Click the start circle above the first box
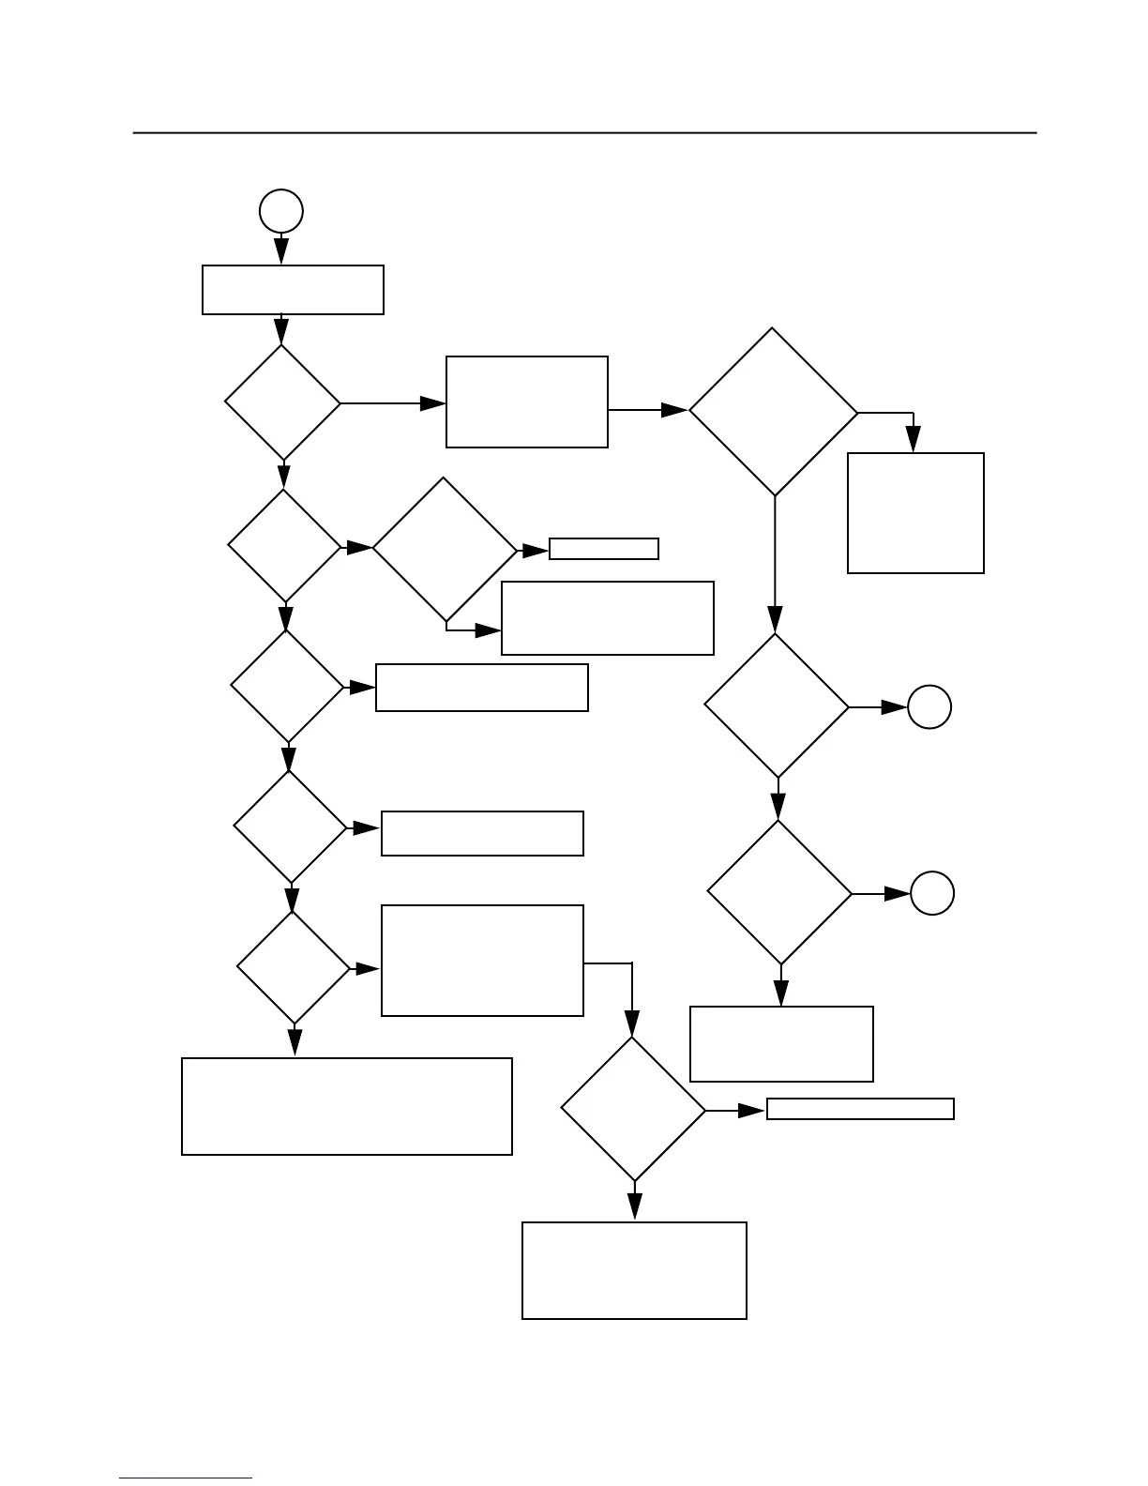[x=281, y=211]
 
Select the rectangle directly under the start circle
[x=293, y=290]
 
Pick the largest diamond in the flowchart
[x=774, y=411]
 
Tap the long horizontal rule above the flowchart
[x=584, y=133]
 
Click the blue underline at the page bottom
[x=186, y=1478]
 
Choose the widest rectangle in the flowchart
[x=347, y=1106]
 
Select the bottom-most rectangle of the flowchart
[x=634, y=1270]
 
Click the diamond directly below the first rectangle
[x=282, y=402]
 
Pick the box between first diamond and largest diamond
[x=527, y=402]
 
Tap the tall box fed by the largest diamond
[x=915, y=513]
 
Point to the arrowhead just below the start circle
[x=281, y=251]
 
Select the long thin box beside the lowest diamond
[x=860, y=1109]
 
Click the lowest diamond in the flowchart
[x=633, y=1109]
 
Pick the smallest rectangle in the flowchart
[x=604, y=549]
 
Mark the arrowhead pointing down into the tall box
[x=914, y=439]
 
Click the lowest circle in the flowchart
[x=932, y=893]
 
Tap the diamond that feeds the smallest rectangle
[x=445, y=549]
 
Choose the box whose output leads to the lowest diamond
[x=482, y=961]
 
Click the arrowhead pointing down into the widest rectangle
[x=295, y=1042]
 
